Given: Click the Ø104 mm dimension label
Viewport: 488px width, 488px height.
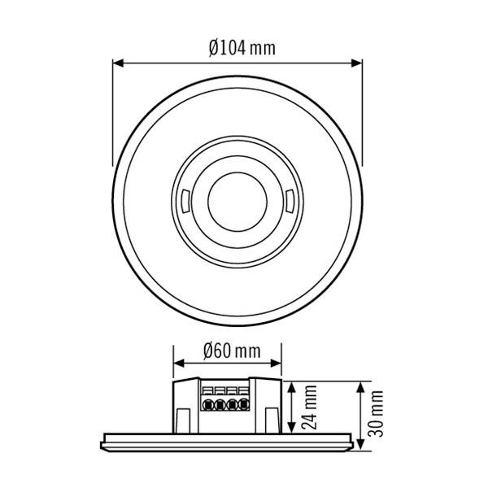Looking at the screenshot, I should [242, 48].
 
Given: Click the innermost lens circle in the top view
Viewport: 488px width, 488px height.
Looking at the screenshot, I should [237, 200].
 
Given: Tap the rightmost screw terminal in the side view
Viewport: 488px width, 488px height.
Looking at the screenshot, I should [244, 403].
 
